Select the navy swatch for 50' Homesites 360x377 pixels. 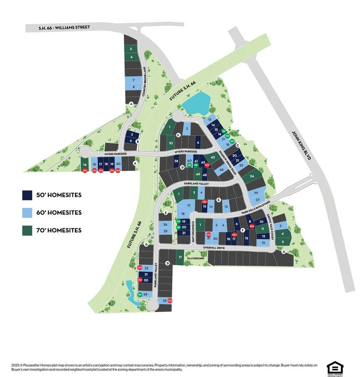[x=27, y=195]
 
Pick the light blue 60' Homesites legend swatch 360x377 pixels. [x=27, y=212]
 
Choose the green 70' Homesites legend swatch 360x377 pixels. [x=27, y=230]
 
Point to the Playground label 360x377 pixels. [x=195, y=258]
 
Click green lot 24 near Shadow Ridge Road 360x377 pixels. [x=252, y=176]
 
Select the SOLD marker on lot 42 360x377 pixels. [x=207, y=166]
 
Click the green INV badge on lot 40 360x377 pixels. [x=189, y=166]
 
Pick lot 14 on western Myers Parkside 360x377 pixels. [x=85, y=165]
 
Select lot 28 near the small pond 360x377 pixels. [x=145, y=294]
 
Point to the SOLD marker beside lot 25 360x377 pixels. [x=170, y=300]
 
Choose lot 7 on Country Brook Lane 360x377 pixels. [x=133, y=80]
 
